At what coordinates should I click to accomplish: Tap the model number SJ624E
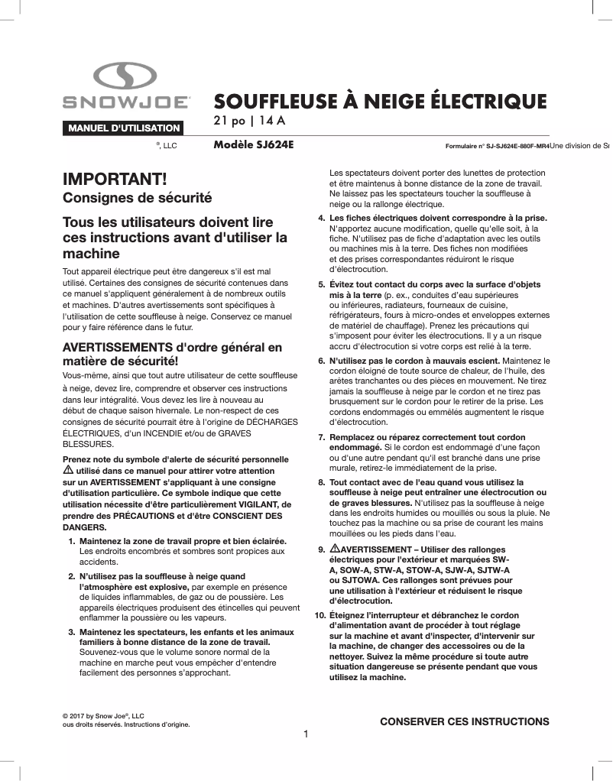click(x=275, y=144)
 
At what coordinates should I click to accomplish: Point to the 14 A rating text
click(x=271, y=121)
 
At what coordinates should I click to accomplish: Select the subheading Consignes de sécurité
click(x=136, y=199)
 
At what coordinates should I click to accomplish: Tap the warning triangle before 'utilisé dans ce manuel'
click(x=66, y=472)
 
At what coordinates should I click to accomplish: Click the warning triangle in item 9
click(x=334, y=550)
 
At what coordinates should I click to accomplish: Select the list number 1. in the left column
click(x=72, y=541)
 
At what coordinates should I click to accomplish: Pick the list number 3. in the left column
click(x=72, y=632)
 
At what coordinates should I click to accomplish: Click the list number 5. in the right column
click(x=321, y=284)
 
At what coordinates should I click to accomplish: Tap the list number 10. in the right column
click(x=319, y=614)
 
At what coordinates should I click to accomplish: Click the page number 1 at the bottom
click(x=306, y=734)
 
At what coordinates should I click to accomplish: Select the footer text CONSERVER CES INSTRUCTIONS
click(x=464, y=721)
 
